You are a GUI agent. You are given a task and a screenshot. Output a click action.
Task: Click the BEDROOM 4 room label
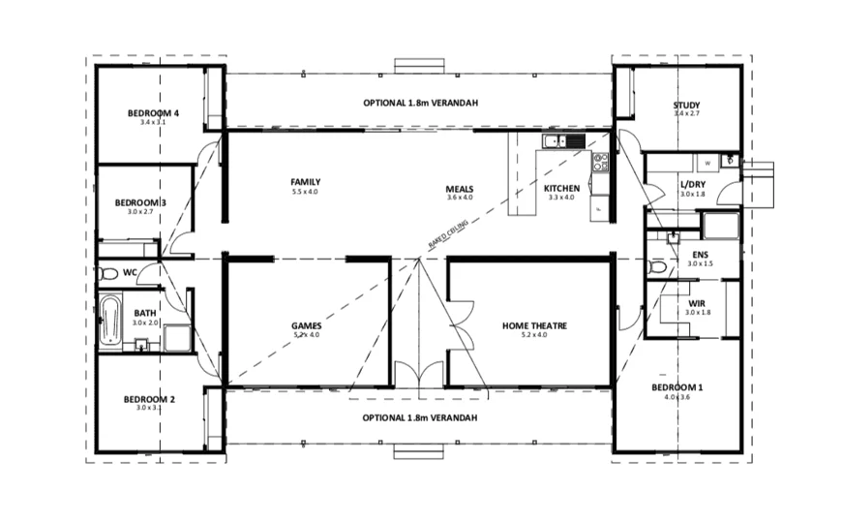point(147,113)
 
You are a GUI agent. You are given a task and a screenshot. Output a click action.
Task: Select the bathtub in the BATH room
point(110,320)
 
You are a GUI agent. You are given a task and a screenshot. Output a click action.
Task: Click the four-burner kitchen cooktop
point(600,161)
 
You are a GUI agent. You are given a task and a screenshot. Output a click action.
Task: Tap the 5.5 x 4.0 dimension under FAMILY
point(305,192)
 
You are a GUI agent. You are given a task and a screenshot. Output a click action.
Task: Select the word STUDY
point(686,106)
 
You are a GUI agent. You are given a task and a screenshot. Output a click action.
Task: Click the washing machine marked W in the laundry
point(707,163)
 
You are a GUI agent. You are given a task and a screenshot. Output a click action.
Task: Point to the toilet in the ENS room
point(659,265)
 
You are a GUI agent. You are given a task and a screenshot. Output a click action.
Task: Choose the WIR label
point(697,303)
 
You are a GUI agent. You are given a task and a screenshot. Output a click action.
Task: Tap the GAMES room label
point(306,325)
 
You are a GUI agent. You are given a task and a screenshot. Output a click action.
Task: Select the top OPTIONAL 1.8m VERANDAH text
point(420,103)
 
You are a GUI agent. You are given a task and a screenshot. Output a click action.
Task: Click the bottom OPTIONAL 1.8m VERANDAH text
point(420,417)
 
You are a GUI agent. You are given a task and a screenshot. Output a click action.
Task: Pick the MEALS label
point(459,188)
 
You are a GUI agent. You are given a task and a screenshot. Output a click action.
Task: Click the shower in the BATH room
point(177,338)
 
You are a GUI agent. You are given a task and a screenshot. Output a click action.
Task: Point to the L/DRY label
point(692,184)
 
